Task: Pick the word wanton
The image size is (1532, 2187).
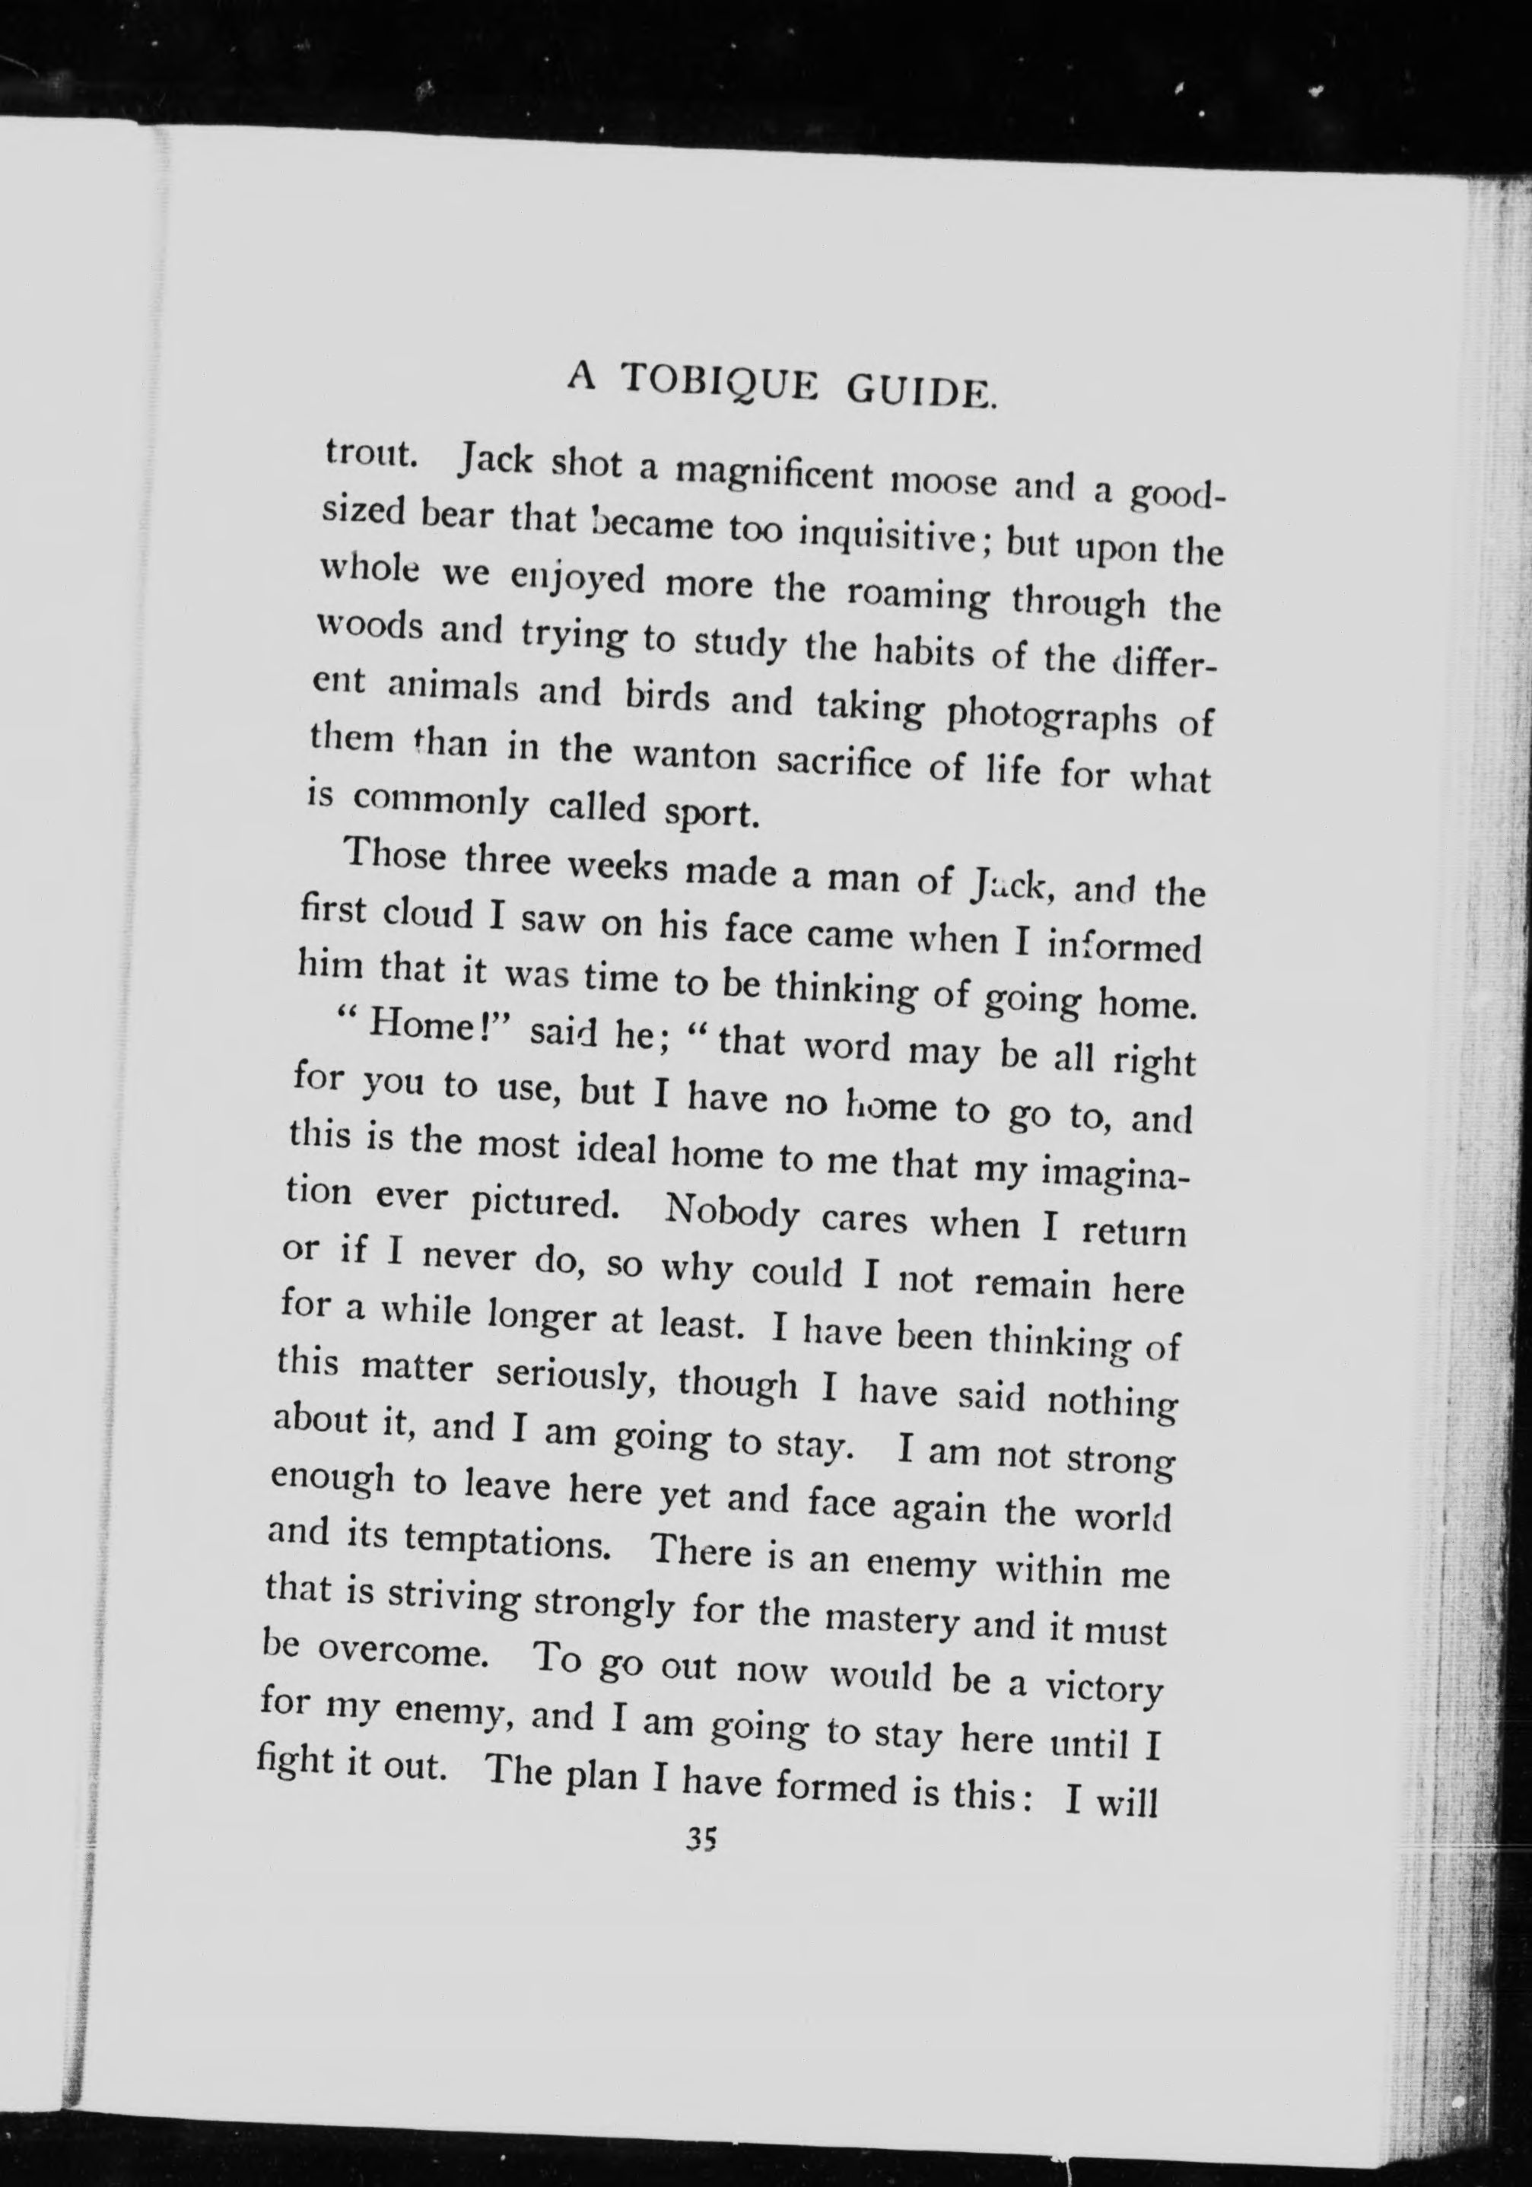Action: point(694,755)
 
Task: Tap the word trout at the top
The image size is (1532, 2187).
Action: point(370,453)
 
